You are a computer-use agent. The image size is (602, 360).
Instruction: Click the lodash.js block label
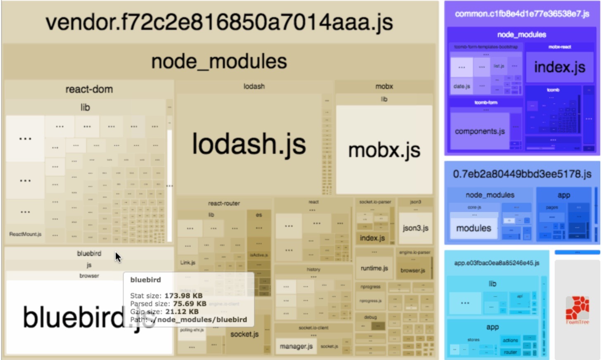coord(249,144)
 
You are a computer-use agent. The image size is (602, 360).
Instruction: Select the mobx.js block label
coord(384,150)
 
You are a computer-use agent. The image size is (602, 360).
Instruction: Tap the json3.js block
coord(415,228)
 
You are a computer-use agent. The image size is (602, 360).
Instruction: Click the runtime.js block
coord(374,268)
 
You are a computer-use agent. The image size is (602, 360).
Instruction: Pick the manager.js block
coord(296,346)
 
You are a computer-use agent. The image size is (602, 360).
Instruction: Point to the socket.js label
coord(244,334)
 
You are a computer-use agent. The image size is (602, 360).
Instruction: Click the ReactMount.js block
coord(25,234)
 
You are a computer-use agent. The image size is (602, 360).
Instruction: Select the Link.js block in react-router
coord(188,263)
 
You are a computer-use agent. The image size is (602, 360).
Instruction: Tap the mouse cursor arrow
coord(118,257)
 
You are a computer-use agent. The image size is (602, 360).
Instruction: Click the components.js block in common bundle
coord(480,131)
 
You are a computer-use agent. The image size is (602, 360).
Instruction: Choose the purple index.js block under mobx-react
coord(559,67)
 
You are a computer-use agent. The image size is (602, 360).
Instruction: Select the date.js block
coord(462,86)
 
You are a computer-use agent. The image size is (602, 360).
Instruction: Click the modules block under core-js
coord(474,228)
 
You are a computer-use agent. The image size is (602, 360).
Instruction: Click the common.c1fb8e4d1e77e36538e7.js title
coord(522,14)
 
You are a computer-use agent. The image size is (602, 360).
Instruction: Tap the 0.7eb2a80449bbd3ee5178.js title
coord(522,174)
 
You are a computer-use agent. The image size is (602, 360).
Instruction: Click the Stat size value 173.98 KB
coord(183,296)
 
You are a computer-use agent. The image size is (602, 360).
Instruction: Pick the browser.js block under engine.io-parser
coord(413,270)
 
